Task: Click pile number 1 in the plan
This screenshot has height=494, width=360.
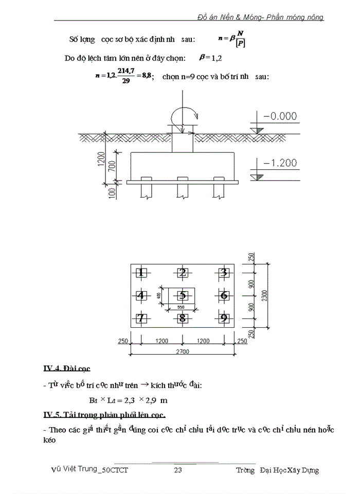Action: [x=141, y=273]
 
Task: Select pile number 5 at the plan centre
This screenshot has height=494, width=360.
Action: [x=182, y=295]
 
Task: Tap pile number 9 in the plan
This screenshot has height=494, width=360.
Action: [x=223, y=318]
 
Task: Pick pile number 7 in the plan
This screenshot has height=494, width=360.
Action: [x=141, y=318]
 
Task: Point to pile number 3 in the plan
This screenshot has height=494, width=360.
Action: [x=223, y=273]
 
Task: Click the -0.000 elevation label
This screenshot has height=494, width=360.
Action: [x=280, y=117]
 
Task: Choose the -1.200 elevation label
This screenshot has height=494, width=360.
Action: [x=280, y=163]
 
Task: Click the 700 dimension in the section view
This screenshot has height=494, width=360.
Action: [x=112, y=166]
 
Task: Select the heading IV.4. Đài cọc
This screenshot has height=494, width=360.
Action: [x=66, y=368]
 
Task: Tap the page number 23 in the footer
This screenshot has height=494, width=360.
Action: [x=178, y=470]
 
